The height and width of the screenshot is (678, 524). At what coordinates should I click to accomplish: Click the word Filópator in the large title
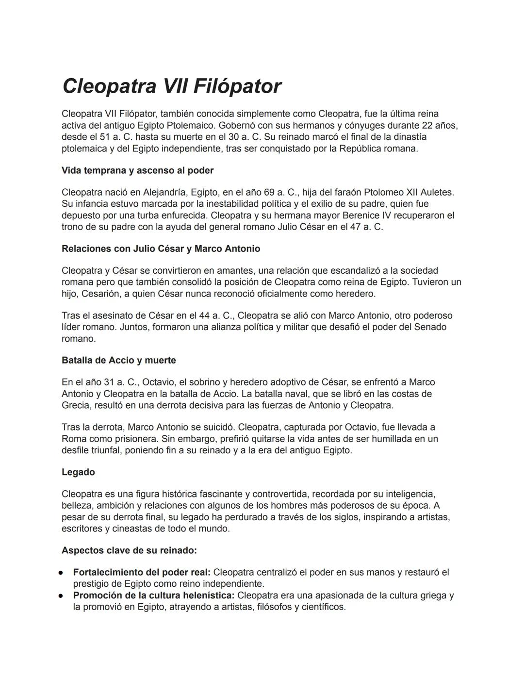click(237, 86)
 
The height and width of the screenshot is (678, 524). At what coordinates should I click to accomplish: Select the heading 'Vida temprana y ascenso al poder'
click(137, 170)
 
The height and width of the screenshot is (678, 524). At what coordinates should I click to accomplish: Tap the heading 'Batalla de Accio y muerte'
click(118, 360)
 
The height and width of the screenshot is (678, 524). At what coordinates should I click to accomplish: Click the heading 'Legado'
click(78, 472)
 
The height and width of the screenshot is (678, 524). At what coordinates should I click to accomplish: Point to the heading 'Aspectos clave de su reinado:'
click(129, 550)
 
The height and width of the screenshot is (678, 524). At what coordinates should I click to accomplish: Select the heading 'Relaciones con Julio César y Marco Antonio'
click(161, 248)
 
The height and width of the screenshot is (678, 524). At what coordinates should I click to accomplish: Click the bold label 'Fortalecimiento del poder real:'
click(142, 572)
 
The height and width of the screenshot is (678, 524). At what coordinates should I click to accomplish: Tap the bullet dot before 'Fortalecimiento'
click(62, 573)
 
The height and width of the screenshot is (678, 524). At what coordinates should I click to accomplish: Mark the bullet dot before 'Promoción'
click(62, 595)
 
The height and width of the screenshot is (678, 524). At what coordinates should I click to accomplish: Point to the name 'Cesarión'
click(100, 294)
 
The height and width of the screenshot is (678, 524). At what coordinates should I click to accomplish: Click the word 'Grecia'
click(76, 405)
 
